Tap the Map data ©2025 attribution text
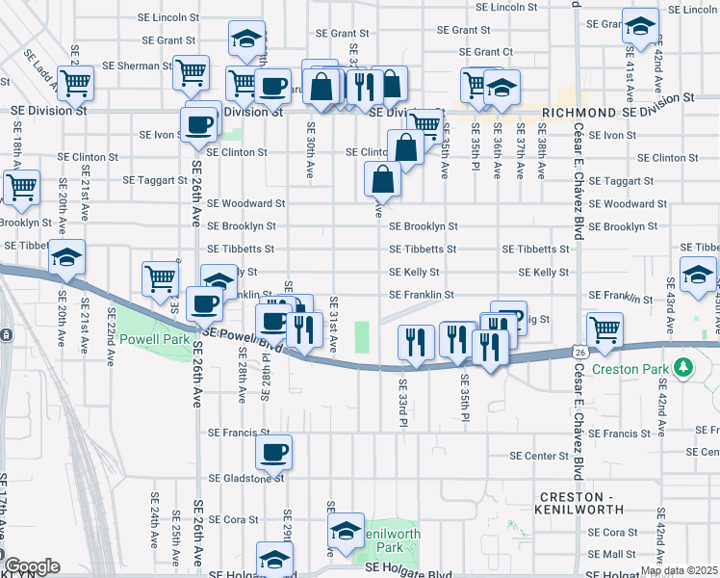(x=679, y=570)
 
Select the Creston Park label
(x=642, y=367)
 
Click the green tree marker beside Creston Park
(x=683, y=367)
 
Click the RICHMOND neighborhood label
(x=579, y=113)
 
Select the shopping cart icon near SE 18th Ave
(x=20, y=185)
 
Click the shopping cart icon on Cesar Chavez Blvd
(x=604, y=329)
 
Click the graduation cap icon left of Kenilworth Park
(x=346, y=530)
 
